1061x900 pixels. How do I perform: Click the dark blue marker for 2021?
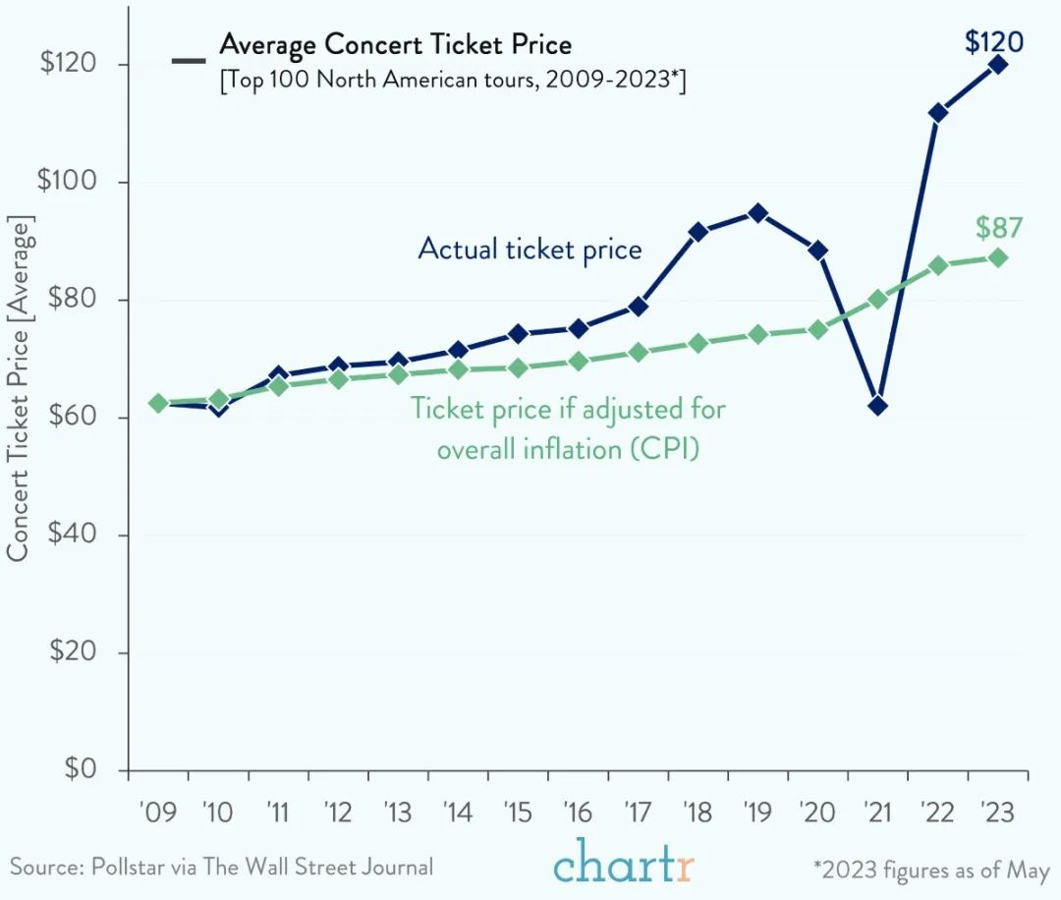(x=877, y=405)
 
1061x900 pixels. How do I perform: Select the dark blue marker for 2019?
(x=757, y=212)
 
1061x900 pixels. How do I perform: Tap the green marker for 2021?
(x=877, y=299)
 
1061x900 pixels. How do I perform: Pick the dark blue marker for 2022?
(x=937, y=113)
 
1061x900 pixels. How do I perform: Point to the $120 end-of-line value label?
(x=994, y=42)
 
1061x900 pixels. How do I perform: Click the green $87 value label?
(x=999, y=228)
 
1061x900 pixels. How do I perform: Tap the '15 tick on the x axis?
(x=518, y=813)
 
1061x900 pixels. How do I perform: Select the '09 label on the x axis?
(x=157, y=813)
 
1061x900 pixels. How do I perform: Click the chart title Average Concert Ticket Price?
(x=395, y=44)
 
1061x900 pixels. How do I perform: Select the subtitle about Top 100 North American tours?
(x=452, y=81)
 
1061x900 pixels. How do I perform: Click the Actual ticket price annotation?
(x=530, y=249)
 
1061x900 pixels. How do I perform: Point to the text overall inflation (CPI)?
(x=568, y=449)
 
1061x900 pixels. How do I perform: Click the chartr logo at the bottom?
(x=624, y=862)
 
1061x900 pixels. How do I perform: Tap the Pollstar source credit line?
(x=221, y=867)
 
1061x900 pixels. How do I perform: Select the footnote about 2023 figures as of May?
(x=930, y=869)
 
